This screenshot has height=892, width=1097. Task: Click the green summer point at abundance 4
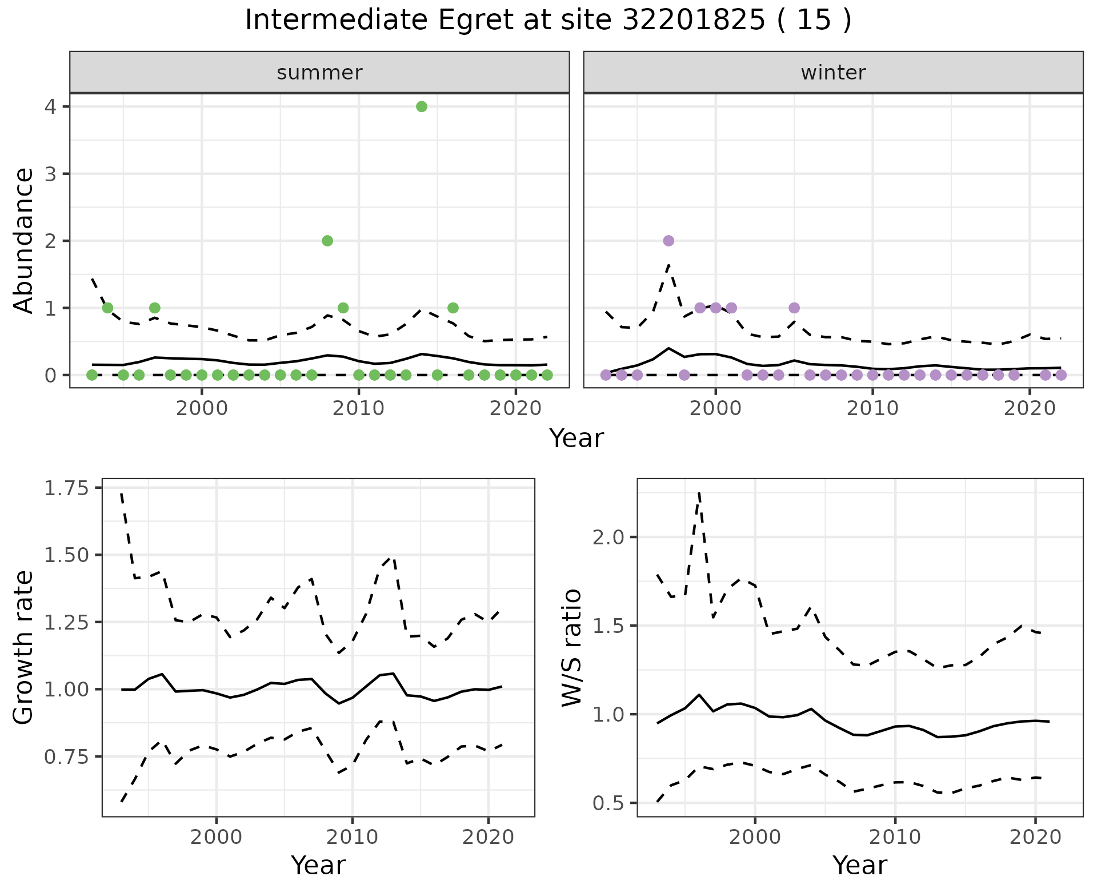(422, 107)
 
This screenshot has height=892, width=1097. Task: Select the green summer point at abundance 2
(327, 241)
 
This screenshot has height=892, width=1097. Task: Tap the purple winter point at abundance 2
(668, 241)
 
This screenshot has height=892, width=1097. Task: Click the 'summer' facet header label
(319, 73)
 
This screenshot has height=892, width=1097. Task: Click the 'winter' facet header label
(833, 73)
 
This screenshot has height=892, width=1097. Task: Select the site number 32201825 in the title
(694, 21)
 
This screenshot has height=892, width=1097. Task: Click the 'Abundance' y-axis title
(24, 241)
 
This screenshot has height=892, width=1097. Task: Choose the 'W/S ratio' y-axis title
(571, 648)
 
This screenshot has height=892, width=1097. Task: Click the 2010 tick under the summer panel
(358, 409)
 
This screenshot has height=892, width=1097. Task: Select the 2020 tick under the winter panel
(1029, 409)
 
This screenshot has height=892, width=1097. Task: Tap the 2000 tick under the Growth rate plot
(216, 838)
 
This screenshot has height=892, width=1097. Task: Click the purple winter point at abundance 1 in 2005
(794, 308)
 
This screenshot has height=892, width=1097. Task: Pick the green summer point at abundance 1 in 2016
(453, 308)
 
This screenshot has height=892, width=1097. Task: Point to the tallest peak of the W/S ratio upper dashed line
(699, 493)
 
